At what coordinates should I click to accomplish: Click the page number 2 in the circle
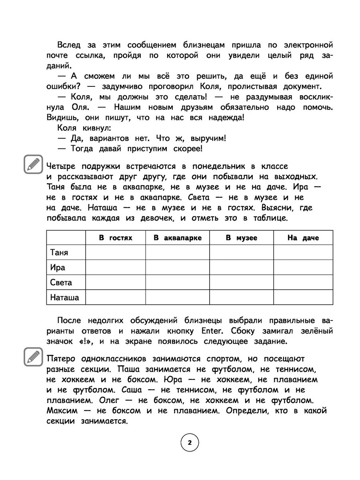coord(190,443)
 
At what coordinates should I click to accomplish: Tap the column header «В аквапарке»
coord(178,238)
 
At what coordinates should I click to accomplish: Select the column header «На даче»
coord(303,238)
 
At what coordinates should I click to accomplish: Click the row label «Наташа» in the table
coord(65,297)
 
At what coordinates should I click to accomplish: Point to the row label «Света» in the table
coord(61,282)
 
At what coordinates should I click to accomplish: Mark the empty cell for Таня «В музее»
coord(241,253)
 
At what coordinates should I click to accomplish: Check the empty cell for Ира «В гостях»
coord(116,268)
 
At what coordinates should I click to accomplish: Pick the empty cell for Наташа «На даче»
coord(303,297)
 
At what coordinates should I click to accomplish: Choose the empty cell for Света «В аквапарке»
coord(178,282)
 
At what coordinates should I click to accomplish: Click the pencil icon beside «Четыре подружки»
coord(33,164)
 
